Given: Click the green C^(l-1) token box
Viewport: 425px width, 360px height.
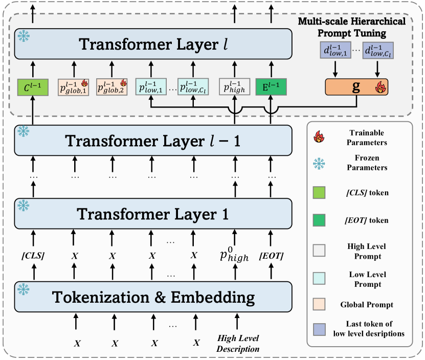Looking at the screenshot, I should click(x=32, y=86).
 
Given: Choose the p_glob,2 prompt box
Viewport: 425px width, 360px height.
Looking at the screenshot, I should click(x=111, y=86).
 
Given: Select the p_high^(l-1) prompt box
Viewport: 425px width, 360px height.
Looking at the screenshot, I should click(x=234, y=86).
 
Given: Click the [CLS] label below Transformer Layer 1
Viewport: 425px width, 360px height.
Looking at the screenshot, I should click(x=32, y=255).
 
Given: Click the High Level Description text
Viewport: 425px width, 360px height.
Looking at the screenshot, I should click(x=238, y=343).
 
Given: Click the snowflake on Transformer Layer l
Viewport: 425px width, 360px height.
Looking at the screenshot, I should click(x=23, y=36).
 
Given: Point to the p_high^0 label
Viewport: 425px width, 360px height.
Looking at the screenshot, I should click(x=234, y=255).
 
